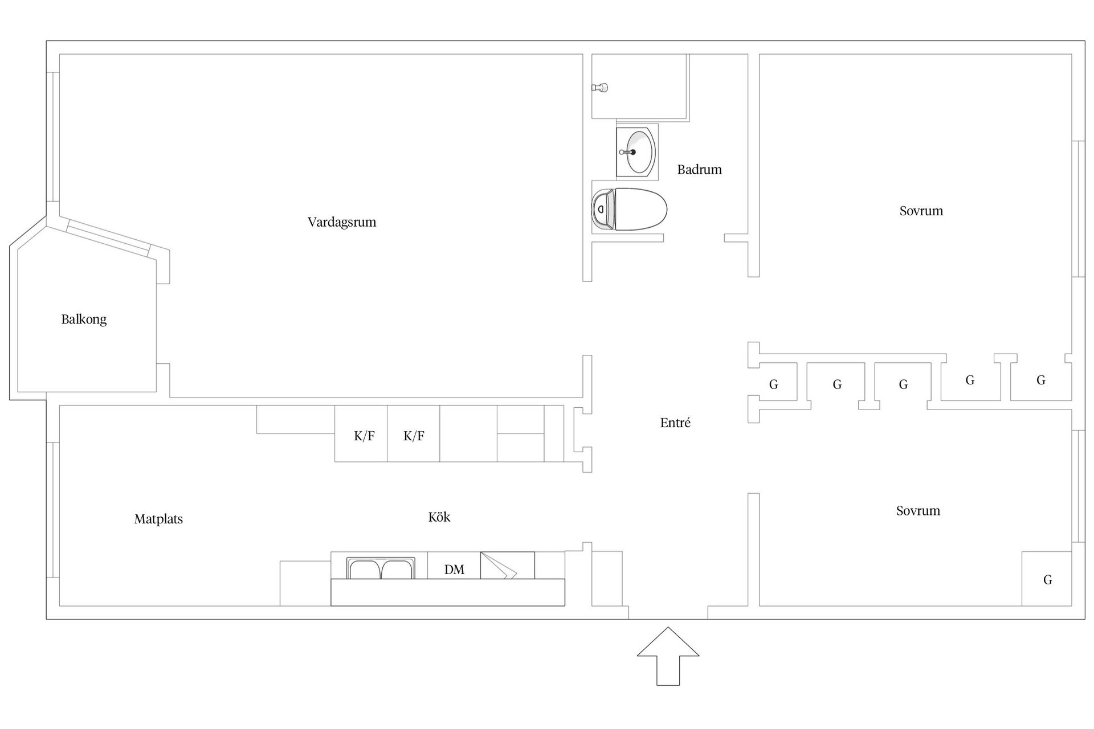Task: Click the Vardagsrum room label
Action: (342, 222)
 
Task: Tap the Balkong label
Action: (84, 319)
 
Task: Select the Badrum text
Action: (699, 170)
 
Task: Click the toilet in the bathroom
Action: (629, 210)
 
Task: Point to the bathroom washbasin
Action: (637, 151)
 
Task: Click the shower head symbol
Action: (600, 88)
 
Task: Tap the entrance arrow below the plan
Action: (668, 655)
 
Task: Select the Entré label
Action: (675, 423)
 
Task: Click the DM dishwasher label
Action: (454, 570)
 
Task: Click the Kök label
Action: (439, 517)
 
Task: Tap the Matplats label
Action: (158, 519)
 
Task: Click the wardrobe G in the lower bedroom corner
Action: (1047, 580)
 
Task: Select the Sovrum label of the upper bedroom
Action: (921, 211)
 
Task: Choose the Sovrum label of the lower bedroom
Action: (918, 511)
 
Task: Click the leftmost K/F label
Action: (364, 436)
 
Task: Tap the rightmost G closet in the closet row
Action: (1040, 380)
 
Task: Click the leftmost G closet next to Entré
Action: (773, 385)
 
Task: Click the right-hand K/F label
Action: (414, 436)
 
